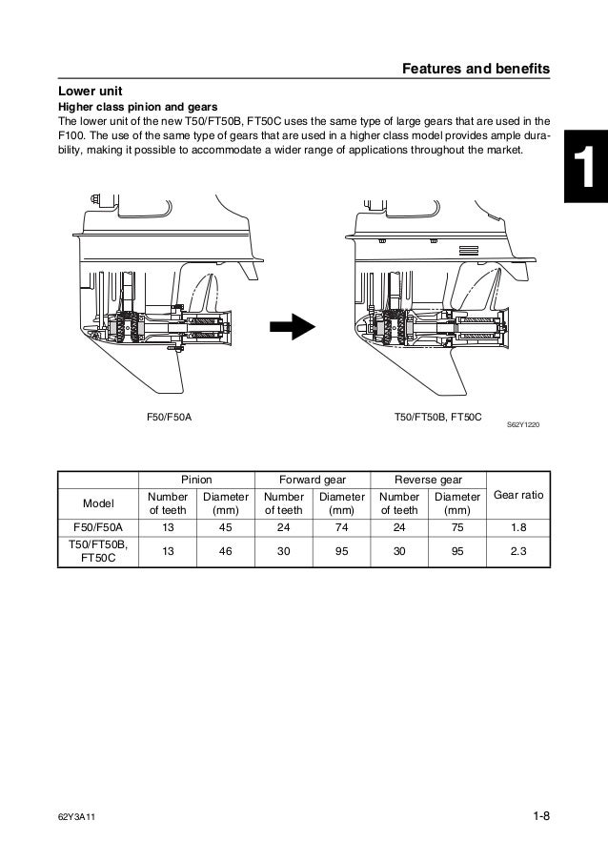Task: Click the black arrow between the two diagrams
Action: tap(292, 327)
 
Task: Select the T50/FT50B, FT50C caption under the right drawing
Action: tap(439, 418)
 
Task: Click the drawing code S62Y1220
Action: tap(522, 423)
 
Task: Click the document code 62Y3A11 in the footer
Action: tap(79, 815)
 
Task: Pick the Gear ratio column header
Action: tap(517, 496)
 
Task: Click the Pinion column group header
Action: tap(196, 480)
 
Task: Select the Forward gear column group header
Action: tap(312, 480)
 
